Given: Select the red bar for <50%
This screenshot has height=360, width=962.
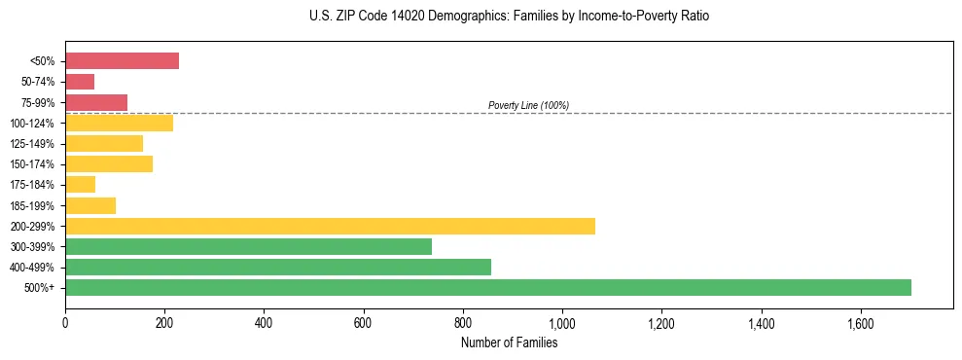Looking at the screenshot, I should (122, 61).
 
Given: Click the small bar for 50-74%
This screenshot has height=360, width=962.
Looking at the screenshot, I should (80, 82).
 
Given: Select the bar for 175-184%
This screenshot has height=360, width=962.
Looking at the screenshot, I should (80, 184).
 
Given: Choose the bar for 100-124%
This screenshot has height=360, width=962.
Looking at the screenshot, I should (119, 123).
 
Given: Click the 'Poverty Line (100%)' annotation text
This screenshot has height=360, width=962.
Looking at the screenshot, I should (528, 105).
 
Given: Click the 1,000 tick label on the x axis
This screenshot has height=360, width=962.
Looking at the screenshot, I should (562, 322).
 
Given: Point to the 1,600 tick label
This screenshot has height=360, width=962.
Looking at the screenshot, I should (861, 322).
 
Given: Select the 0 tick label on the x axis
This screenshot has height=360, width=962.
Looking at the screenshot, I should (65, 322).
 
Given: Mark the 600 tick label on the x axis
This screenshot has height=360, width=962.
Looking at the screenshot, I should (364, 322).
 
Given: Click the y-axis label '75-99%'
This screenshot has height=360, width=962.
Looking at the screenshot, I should (38, 102).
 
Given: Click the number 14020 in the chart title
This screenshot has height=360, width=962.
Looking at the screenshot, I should (399, 17).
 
